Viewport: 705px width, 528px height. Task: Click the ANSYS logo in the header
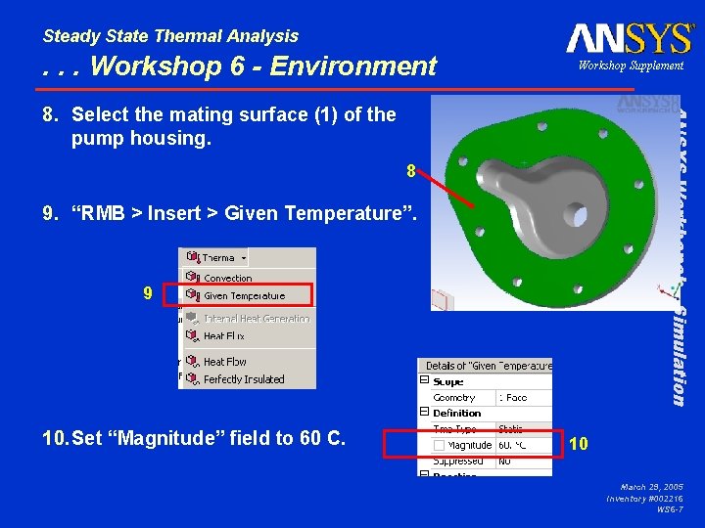[x=629, y=38]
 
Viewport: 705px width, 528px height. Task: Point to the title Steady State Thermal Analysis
[x=170, y=36]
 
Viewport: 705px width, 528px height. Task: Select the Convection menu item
[x=227, y=279]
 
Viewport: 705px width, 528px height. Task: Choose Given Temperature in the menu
[x=244, y=295]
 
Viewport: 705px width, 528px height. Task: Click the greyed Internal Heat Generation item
[x=257, y=319]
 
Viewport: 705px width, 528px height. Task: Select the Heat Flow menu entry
[x=225, y=362]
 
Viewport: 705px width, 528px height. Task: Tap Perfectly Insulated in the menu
[x=244, y=379]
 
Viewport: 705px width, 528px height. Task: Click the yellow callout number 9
[x=147, y=292]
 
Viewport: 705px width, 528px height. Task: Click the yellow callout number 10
[x=578, y=443]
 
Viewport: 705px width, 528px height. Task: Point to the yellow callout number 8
[x=412, y=172]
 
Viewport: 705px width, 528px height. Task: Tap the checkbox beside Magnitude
[x=439, y=445]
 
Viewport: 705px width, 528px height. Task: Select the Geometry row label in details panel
[x=454, y=398]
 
